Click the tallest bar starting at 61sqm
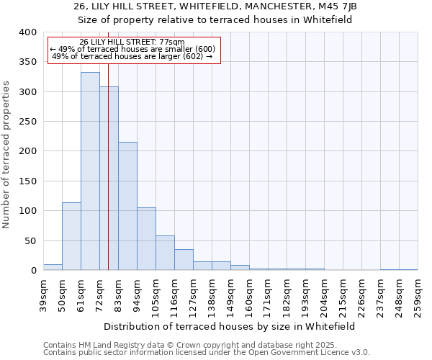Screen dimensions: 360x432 click(90, 171)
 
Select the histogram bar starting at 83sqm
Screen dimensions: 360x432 click(127, 206)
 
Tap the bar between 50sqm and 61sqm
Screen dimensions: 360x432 click(71, 236)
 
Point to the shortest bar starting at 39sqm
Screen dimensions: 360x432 click(53, 267)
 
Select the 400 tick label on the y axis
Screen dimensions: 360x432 click(27, 32)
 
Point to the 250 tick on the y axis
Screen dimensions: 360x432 click(27, 122)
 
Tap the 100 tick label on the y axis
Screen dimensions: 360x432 click(27, 211)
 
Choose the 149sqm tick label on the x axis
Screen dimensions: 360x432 click(230, 294)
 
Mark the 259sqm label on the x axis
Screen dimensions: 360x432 click(418, 294)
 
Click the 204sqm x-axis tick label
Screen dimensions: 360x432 click(324, 294)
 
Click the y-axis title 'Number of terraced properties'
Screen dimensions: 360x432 click(7, 154)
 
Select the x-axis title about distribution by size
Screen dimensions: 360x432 click(230, 326)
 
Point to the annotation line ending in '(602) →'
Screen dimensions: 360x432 click(132, 56)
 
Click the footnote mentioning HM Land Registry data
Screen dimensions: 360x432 click(205, 345)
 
